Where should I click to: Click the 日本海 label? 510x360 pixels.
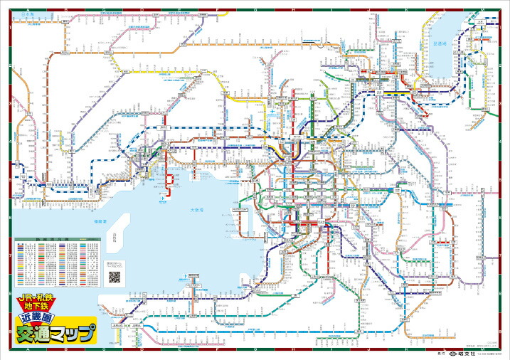click(x=26, y=14)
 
